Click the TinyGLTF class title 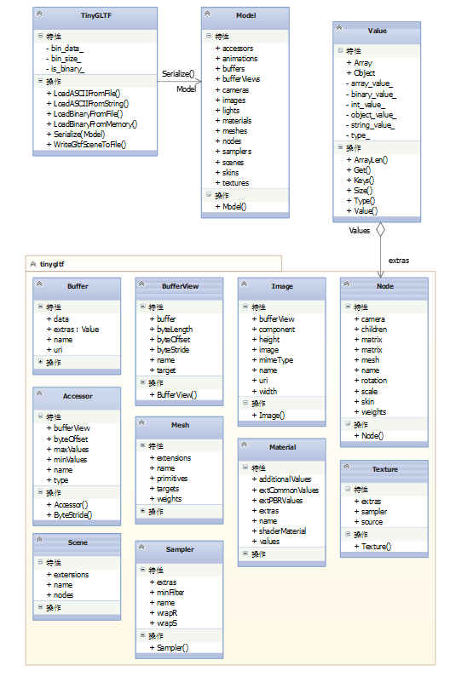coord(96,15)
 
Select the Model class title coord(245,15)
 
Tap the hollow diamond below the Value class coord(380,230)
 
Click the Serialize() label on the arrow coord(178,74)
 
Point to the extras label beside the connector coord(399,261)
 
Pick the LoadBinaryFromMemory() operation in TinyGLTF coord(91,124)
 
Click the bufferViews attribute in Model coord(238,79)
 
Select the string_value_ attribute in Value coord(370,125)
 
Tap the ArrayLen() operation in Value coord(367,160)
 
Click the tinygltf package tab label coord(52,264)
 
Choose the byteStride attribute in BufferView coord(170,350)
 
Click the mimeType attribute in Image coord(273,360)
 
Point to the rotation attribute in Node coord(371,381)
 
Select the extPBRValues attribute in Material coord(277,501)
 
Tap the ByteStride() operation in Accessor coord(69,515)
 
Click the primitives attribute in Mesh coord(169,479)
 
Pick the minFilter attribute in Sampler coord(167,593)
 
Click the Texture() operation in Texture coord(372,547)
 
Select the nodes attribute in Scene coord(60,595)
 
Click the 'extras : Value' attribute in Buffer coord(72,330)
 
